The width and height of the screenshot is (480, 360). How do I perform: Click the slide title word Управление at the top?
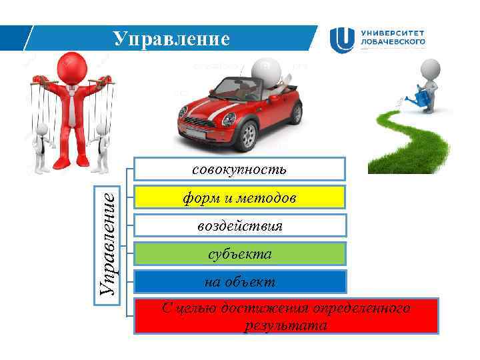point(171,39)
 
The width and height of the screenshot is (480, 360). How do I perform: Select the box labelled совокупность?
point(239,169)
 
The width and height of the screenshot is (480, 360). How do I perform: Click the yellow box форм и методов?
point(239,197)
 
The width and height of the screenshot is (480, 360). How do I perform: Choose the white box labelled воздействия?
point(239,225)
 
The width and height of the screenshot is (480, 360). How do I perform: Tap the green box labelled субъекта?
point(239,253)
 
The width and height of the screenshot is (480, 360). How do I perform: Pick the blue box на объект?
point(239,282)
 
